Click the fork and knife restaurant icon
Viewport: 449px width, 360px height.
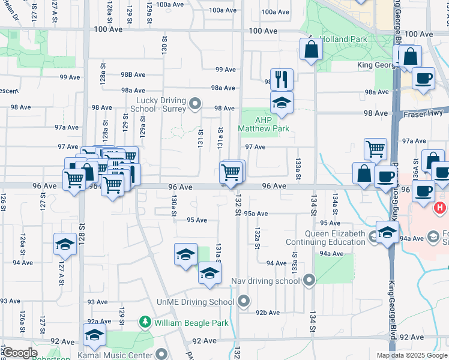coord(281,79)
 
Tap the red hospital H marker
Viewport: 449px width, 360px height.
coord(440,208)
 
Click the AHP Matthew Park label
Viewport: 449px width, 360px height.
coord(264,124)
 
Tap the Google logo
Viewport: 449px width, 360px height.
coord(20,353)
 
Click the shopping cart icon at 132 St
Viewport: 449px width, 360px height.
coord(232,172)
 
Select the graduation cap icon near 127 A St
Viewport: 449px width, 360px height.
coord(65,245)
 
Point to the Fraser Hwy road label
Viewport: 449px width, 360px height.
coord(421,113)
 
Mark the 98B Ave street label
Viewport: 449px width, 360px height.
coord(133,74)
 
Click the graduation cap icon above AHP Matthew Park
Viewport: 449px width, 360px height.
coord(281,103)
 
